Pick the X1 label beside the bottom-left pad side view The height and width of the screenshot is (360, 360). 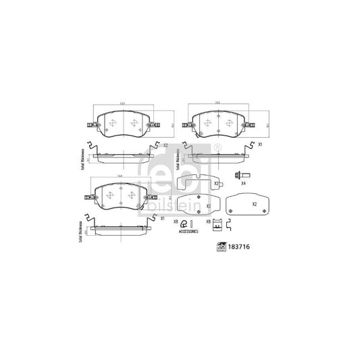(x=162, y=217)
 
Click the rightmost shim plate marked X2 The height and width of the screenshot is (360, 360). (x=246, y=203)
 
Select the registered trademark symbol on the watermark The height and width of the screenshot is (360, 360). (x=217, y=147)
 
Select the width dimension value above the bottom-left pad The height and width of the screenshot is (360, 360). (x=120, y=176)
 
